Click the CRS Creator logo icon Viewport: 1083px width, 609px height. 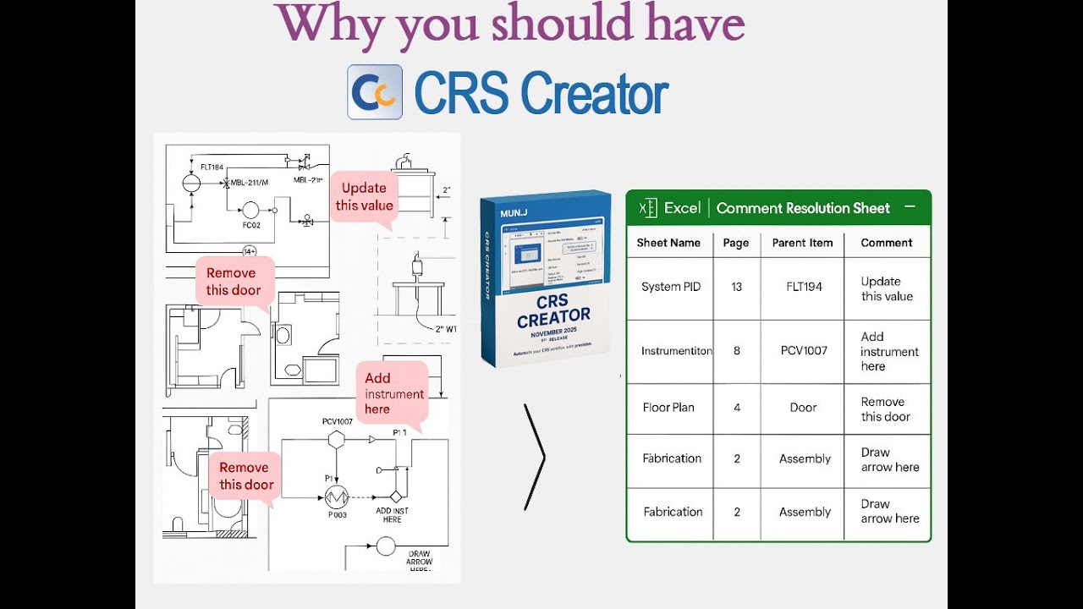pyautogui.click(x=375, y=92)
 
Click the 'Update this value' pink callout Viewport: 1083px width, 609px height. pyautogui.click(x=364, y=197)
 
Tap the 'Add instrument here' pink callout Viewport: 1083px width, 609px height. pyautogui.click(x=393, y=393)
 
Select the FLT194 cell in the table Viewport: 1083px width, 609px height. pyautogui.click(x=804, y=287)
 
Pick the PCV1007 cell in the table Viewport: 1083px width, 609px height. pyautogui.click(x=804, y=350)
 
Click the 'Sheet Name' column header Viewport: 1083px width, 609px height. pyautogui.click(x=668, y=243)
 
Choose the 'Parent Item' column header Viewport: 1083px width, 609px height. pyautogui.click(x=802, y=243)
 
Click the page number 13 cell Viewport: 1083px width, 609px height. pyautogui.click(x=736, y=287)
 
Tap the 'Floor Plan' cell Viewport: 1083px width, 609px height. pyautogui.click(x=668, y=407)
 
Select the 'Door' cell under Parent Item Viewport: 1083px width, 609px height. pyautogui.click(x=803, y=407)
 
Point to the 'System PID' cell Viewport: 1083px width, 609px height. pyautogui.click(x=672, y=287)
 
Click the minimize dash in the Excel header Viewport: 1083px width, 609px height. pyautogui.click(x=910, y=206)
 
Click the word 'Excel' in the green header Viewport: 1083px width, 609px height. pyautogui.click(x=682, y=208)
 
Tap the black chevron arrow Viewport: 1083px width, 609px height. pyautogui.click(x=535, y=457)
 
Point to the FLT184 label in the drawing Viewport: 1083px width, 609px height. pyautogui.click(x=212, y=167)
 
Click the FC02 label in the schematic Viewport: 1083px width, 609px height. pyautogui.click(x=250, y=226)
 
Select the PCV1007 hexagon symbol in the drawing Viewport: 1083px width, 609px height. pyautogui.click(x=337, y=439)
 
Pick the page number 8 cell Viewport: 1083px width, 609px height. pyautogui.click(x=736, y=350)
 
